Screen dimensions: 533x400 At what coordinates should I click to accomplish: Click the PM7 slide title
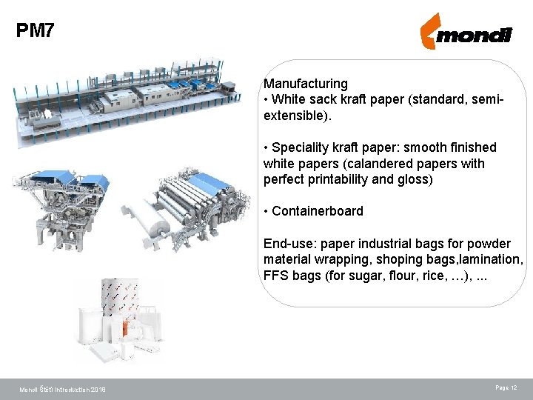(x=35, y=31)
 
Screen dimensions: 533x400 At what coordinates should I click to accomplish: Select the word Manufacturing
(x=306, y=84)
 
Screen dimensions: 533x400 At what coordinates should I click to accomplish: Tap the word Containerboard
(x=318, y=211)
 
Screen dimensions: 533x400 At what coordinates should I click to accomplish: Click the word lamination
(x=487, y=260)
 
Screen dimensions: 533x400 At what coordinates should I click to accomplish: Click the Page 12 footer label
(x=506, y=388)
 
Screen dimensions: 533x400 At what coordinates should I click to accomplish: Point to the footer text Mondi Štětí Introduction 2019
(x=62, y=390)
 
